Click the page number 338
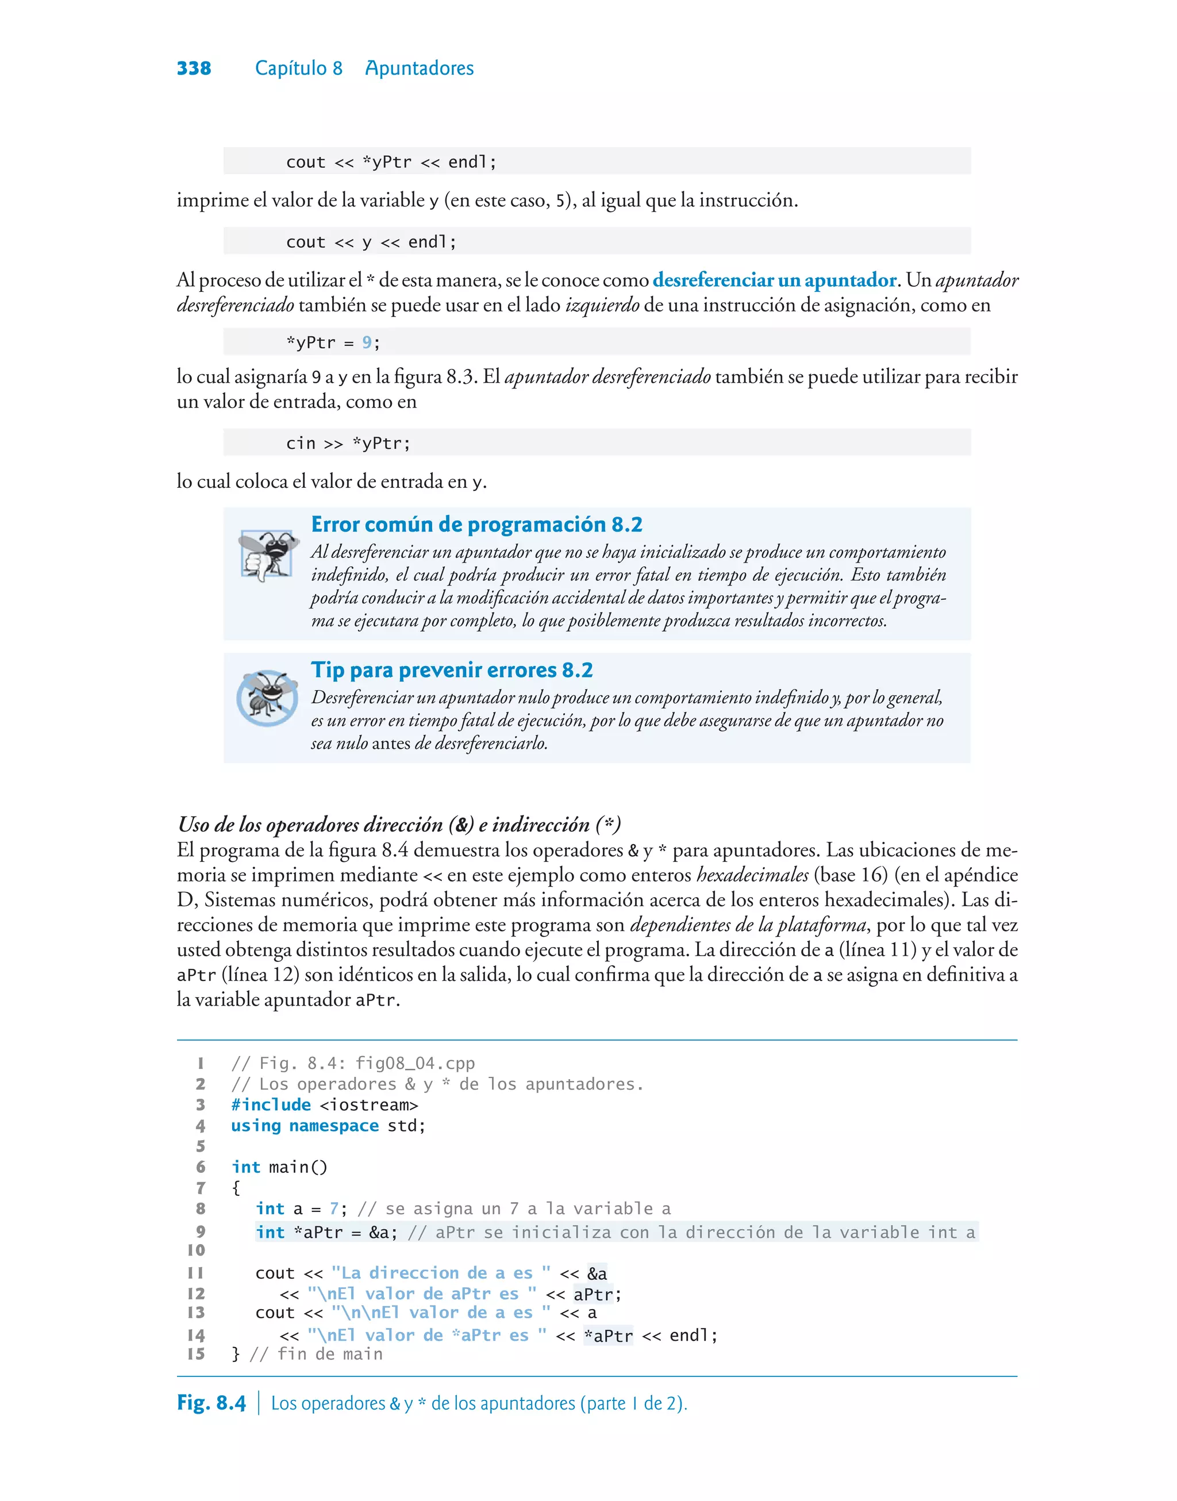coord(194,68)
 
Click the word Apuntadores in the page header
coord(419,68)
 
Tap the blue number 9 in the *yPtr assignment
coord(367,342)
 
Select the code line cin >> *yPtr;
coord(348,443)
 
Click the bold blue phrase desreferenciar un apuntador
coord(774,280)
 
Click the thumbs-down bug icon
coord(266,554)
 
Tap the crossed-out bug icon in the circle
coord(267,698)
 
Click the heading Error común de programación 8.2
coord(476,524)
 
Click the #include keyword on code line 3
coord(271,1105)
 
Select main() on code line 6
coord(298,1167)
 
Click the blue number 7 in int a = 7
coord(333,1209)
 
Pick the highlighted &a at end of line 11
coord(597,1273)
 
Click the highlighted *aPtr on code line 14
coord(608,1335)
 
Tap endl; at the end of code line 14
coord(693,1335)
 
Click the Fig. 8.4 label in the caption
coord(211,1403)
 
